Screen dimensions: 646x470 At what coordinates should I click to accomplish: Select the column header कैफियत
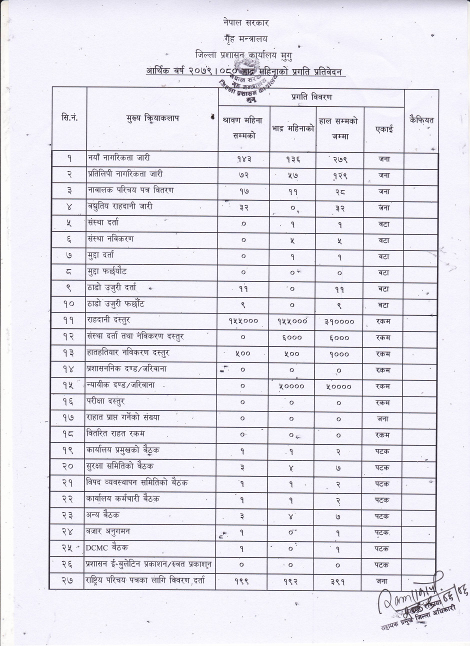(421, 120)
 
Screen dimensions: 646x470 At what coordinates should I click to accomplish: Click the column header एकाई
(384, 128)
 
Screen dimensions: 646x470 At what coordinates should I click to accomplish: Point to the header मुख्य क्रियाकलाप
(152, 118)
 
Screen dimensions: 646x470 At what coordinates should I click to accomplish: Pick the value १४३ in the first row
(244, 159)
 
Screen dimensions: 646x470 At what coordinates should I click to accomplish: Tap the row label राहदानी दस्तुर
(109, 320)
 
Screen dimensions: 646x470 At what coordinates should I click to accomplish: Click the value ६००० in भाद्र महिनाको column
(292, 338)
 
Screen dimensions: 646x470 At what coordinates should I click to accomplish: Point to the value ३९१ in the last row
(339, 581)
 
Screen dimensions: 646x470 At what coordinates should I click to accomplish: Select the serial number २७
(69, 581)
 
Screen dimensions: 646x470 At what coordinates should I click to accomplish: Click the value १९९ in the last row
(244, 581)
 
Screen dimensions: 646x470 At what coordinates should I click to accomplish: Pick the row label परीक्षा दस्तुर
(106, 401)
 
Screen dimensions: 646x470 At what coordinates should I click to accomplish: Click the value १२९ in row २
(339, 175)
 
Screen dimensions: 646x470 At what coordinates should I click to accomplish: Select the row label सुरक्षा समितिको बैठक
(120, 466)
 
